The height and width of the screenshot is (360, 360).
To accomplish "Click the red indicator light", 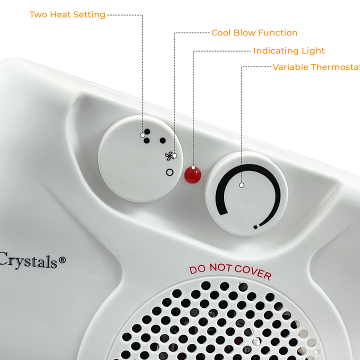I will point(192,174).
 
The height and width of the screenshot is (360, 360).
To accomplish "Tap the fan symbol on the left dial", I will point(168,156).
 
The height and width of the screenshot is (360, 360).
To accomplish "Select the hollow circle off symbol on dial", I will point(169,172).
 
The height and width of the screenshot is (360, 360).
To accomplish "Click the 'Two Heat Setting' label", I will point(67,14).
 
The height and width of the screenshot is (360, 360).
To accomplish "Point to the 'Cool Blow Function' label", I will point(254,33).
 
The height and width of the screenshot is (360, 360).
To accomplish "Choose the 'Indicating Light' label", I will point(288,51).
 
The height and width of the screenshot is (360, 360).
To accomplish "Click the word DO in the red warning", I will point(198,269).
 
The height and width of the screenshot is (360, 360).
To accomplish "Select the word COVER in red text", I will point(253,271).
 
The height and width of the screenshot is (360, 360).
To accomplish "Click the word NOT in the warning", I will point(221,267).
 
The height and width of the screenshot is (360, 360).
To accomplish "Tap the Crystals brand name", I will point(28,260).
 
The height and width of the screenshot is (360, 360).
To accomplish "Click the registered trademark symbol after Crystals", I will point(62,259).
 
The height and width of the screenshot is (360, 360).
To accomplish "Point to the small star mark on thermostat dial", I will point(256,227).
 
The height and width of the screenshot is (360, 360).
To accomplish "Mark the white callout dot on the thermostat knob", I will point(241,185).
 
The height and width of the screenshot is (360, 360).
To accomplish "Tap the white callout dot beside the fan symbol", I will point(174,155).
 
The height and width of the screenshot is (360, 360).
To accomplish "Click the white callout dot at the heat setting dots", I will point(142,135).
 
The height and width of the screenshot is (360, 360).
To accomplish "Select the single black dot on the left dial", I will point(162,140).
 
